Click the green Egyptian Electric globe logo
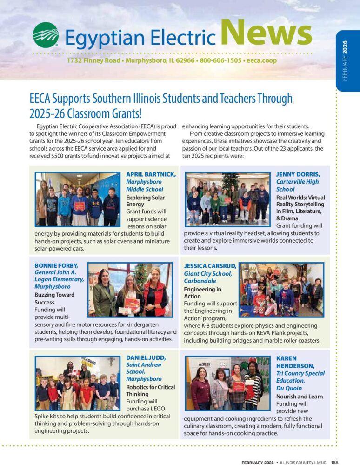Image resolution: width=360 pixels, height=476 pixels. point(45,35)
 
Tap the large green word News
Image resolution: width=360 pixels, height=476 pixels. point(266,34)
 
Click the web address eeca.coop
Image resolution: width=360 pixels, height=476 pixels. point(261,60)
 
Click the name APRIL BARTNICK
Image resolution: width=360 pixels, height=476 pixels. point(151,174)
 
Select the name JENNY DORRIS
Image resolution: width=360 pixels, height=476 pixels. point(298,174)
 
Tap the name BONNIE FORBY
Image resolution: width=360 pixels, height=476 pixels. point(55,265)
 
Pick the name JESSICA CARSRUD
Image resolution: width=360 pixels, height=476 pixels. point(210,266)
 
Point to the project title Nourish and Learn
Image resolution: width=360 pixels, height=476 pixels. point(299,397)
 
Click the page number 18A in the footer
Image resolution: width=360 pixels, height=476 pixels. point(334,463)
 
